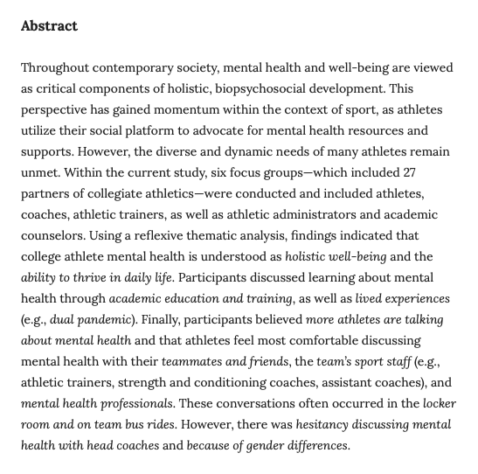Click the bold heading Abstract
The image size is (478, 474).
point(49,25)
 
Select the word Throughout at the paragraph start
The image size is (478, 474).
point(57,67)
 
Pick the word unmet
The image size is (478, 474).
point(40,173)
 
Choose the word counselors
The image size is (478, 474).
point(55,236)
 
